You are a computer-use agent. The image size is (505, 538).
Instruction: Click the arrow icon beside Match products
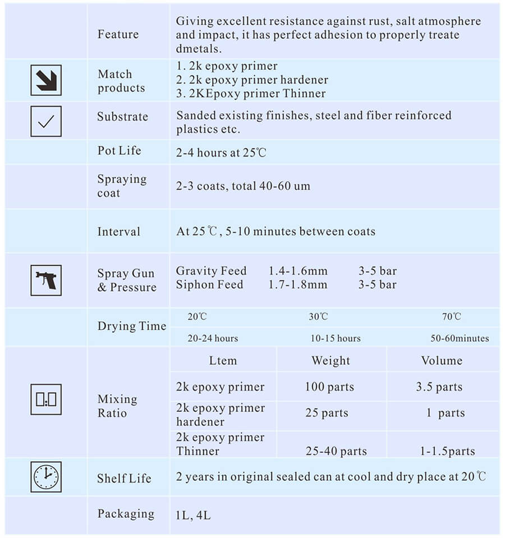coord(45,80)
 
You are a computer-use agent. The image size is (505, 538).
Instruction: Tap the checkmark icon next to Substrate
coord(45,121)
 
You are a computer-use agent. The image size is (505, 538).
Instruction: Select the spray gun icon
coord(45,280)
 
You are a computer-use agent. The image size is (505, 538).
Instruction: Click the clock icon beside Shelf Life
coord(45,477)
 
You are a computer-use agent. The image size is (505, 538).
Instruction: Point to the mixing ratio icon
coord(45,399)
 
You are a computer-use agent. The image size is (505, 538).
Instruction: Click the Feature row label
coord(118,34)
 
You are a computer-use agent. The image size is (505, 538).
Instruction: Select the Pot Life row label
coord(119,151)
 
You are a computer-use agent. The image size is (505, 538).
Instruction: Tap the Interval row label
coord(118,232)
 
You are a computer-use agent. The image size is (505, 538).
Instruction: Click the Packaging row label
coord(126,514)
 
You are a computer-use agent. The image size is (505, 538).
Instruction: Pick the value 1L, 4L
coord(193,515)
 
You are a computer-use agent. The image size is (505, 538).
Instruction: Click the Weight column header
coord(330,361)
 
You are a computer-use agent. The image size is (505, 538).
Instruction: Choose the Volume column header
coord(442,361)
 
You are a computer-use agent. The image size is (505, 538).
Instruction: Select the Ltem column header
coord(223,361)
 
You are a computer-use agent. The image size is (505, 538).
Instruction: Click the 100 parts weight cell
coord(329,387)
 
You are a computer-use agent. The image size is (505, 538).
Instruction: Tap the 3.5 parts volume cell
coord(439,387)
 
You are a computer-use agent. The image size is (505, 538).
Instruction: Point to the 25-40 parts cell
coord(336,451)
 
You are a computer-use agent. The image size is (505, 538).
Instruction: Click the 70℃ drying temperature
coord(451,316)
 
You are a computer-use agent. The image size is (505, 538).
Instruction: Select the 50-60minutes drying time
coord(460,338)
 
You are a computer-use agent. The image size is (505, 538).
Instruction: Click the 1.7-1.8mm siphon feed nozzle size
coord(297,285)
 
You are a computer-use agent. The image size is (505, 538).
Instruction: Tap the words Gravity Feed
coord(211,271)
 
